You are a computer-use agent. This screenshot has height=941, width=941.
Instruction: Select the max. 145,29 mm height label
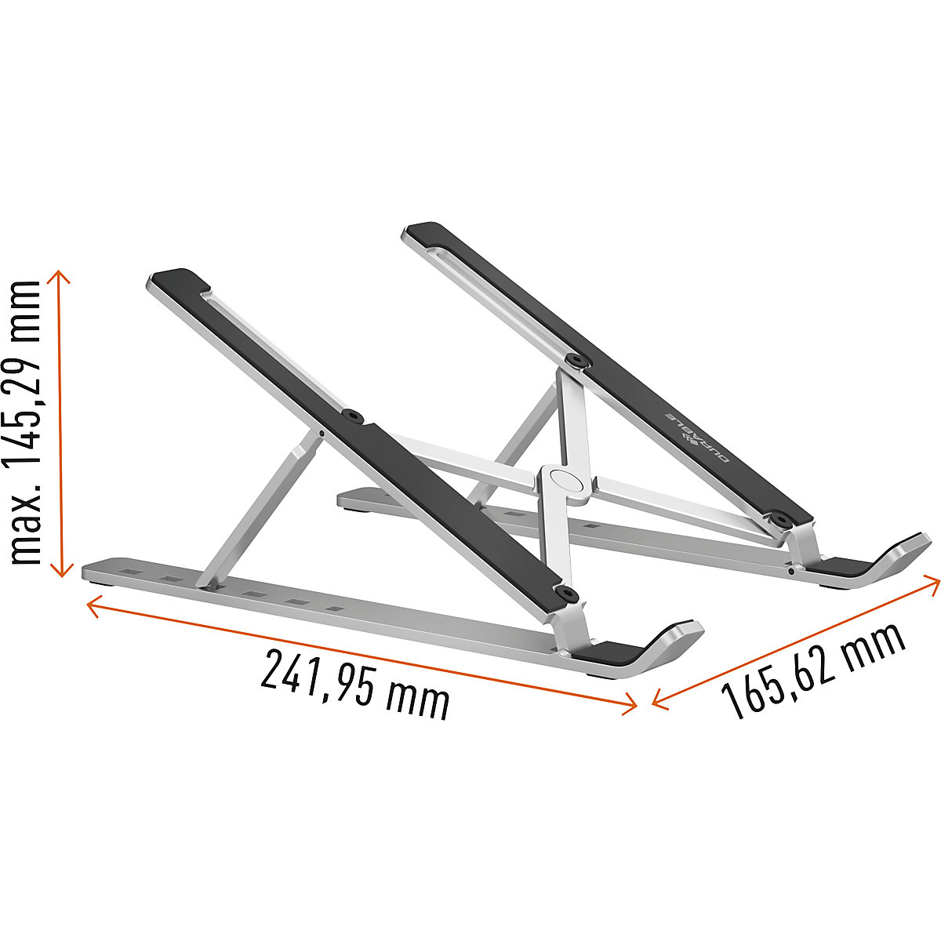[x=25, y=423]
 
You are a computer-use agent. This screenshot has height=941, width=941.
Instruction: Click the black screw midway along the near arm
[x=353, y=416]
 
